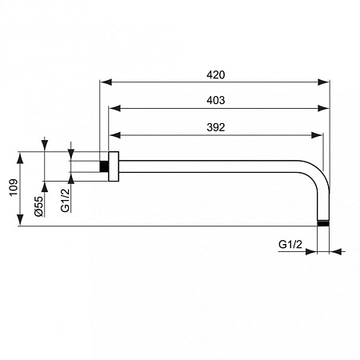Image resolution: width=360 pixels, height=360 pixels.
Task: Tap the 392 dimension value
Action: [x=215, y=126]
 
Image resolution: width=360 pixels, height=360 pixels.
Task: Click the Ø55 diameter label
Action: [x=38, y=209]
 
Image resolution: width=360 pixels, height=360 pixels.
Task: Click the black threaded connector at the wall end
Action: [x=103, y=166]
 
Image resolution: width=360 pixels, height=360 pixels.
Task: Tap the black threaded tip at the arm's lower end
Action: [x=323, y=223]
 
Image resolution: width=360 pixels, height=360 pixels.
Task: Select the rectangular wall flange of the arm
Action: [x=114, y=166]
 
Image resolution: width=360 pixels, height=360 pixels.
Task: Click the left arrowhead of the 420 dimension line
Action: [x=104, y=81]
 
